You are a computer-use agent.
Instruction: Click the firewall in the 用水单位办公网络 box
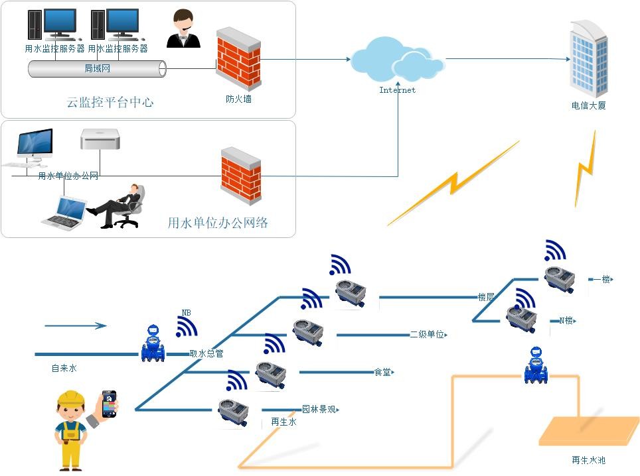240,176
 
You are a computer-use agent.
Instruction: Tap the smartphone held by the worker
109,404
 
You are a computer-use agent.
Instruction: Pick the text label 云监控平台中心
110,102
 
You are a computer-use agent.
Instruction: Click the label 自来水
64,368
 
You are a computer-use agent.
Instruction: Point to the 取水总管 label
206,354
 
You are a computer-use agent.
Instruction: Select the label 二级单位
427,335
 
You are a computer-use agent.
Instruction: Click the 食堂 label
382,373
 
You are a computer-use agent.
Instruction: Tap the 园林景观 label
319,410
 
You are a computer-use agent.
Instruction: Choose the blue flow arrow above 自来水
75,326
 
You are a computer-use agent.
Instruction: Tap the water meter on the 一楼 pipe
559,278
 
